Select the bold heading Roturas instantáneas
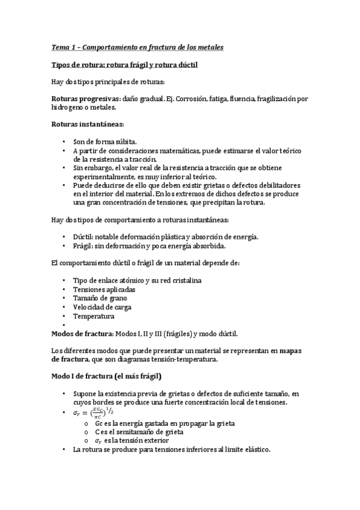(x=88, y=124)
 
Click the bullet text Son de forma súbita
(x=105, y=142)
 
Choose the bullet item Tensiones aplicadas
(x=104, y=289)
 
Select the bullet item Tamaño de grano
(x=99, y=298)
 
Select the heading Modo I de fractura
(x=105, y=376)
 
